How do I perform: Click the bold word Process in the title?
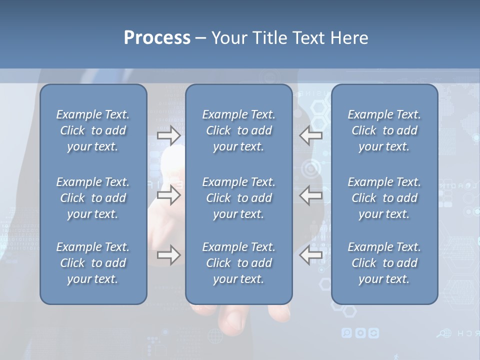[157, 38]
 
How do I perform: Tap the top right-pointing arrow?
[168, 135]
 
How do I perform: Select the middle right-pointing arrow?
[168, 195]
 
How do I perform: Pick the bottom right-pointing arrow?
[168, 255]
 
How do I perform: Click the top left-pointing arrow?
[311, 135]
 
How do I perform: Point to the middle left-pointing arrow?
[311, 195]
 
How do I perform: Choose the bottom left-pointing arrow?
[311, 255]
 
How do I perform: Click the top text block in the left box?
[93, 130]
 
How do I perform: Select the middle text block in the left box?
[93, 198]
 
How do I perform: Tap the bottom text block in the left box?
[93, 263]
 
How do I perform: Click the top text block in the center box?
[238, 130]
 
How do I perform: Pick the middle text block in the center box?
[238, 198]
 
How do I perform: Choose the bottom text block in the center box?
[238, 263]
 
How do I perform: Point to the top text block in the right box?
[384, 130]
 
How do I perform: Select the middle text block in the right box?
[384, 198]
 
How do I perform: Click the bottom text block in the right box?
[384, 263]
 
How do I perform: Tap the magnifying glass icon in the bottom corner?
[442, 333]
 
